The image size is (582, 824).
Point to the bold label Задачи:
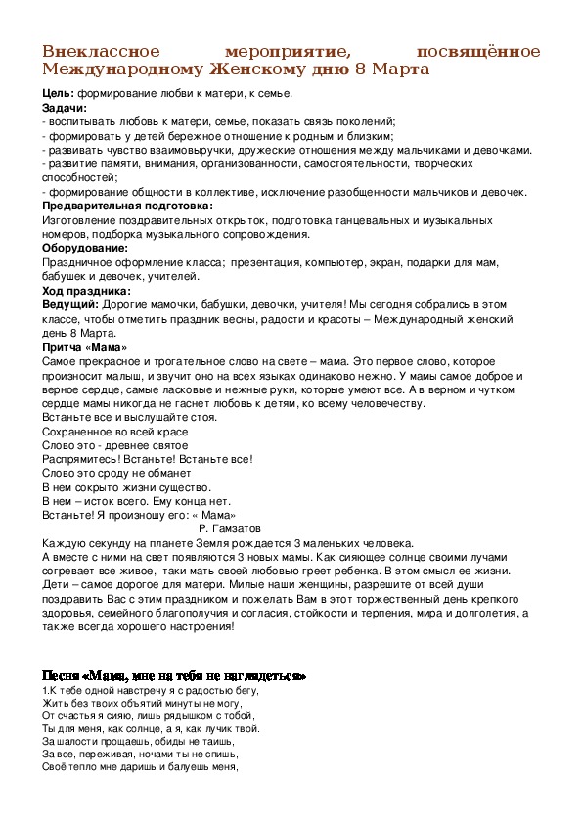pyautogui.click(x=65, y=107)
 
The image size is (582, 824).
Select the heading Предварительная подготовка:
pyautogui.click(x=126, y=206)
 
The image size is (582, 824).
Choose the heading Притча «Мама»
pyautogui.click(x=85, y=347)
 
